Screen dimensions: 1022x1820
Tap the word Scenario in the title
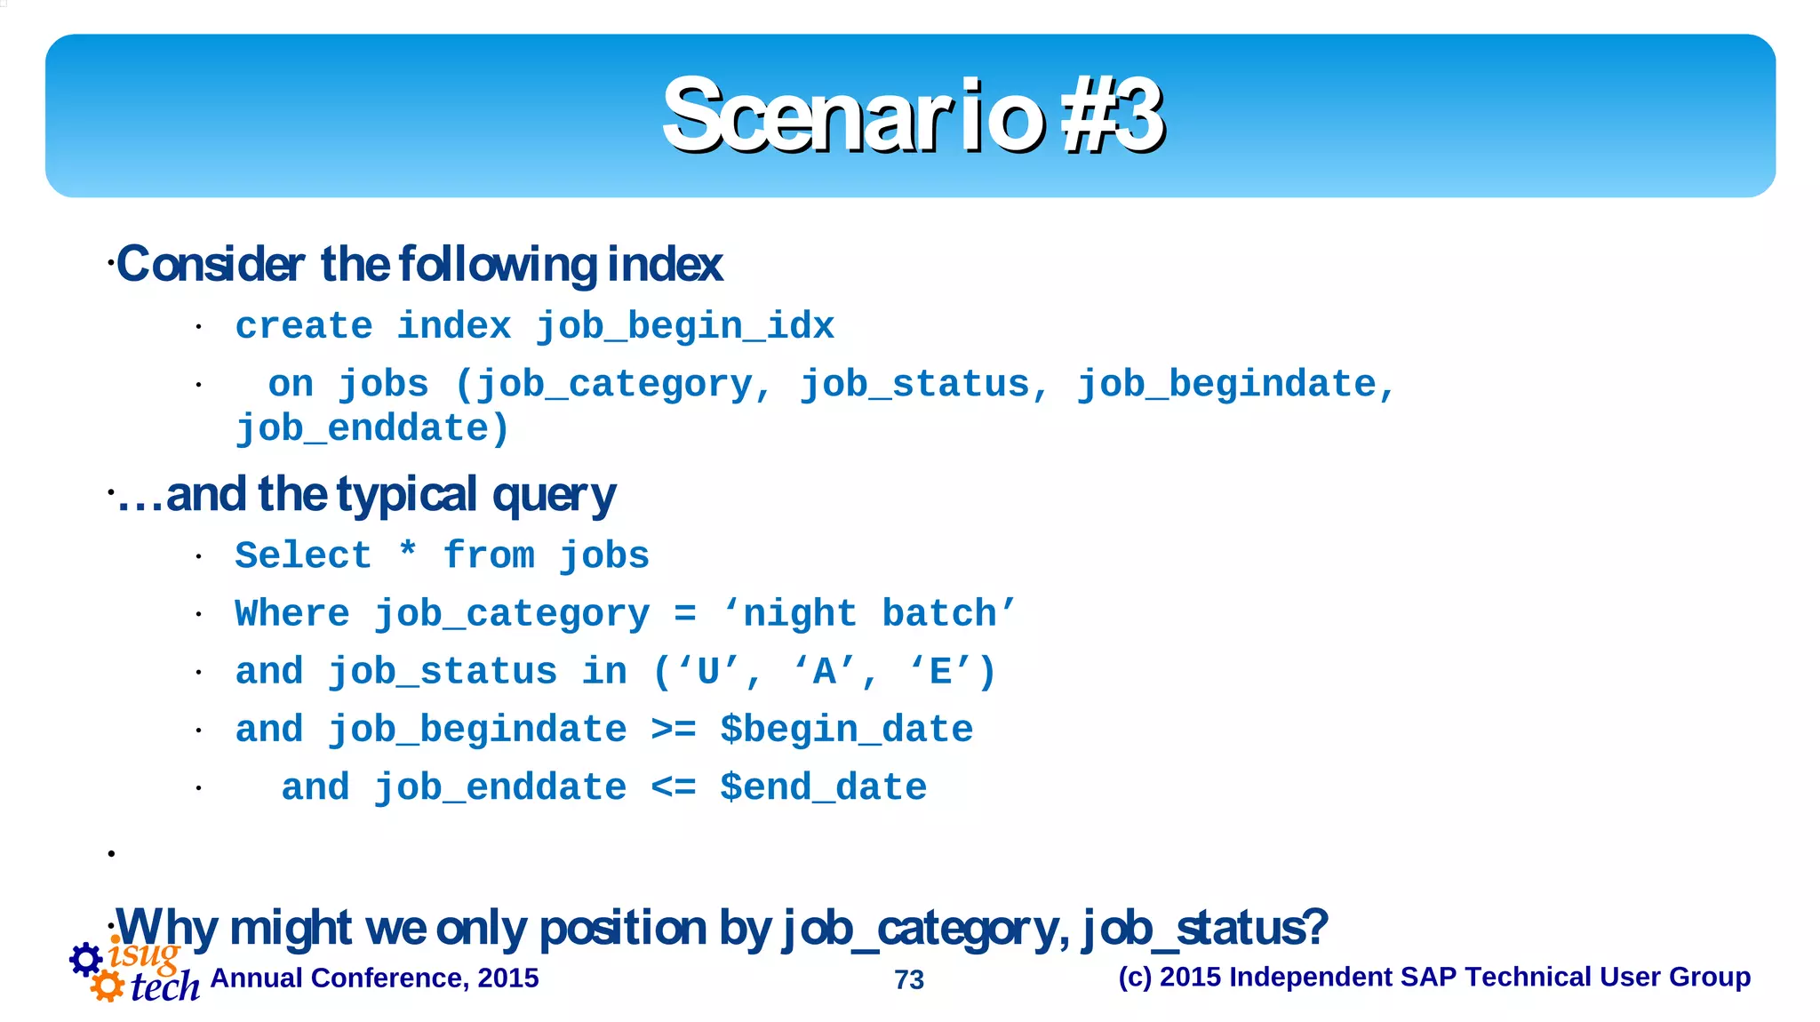pyautogui.click(x=853, y=116)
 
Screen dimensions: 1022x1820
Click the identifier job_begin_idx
pyautogui.click(x=684, y=326)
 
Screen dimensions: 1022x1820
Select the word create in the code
pyautogui.click(x=304, y=326)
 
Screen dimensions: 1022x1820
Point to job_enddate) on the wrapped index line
pyautogui.click(x=371, y=429)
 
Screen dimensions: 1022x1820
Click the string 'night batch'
pyautogui.click(x=870, y=614)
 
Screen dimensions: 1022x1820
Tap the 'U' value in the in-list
pyautogui.click(x=708, y=672)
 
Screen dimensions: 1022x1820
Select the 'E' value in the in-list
pyautogui.click(x=940, y=672)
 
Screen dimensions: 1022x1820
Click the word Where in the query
pyautogui.click(x=292, y=614)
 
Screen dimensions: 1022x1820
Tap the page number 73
pyautogui.click(x=909, y=979)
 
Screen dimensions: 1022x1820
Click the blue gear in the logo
pyautogui.click(x=86, y=959)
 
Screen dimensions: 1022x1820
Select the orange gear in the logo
pyautogui.click(x=108, y=986)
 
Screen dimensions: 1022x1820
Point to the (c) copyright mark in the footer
pyautogui.click(x=1135, y=977)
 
